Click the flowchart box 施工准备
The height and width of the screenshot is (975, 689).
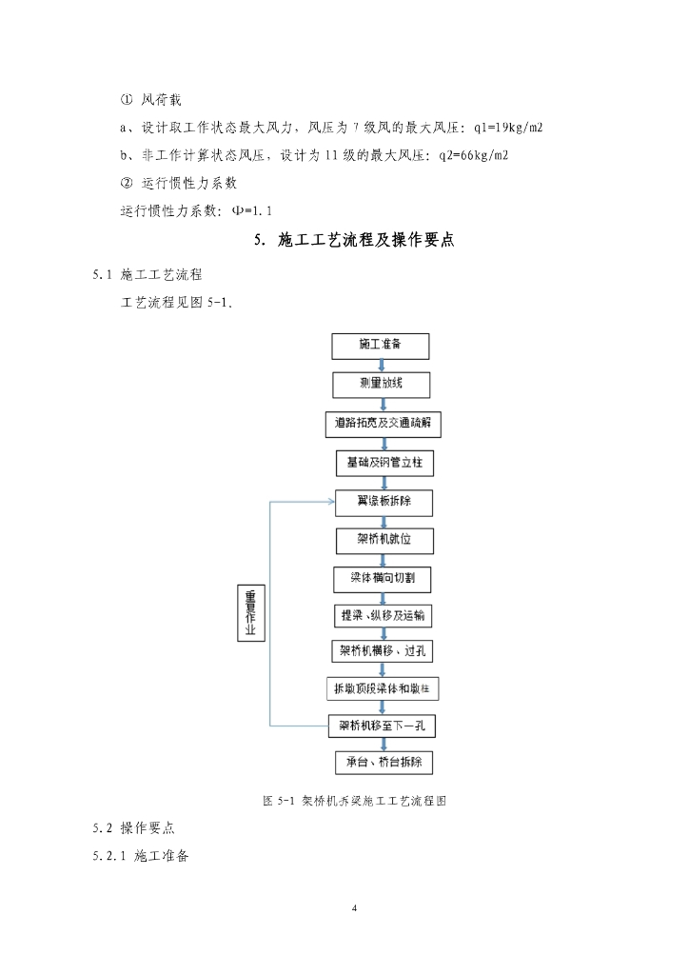coord(381,346)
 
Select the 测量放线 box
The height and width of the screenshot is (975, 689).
coord(382,385)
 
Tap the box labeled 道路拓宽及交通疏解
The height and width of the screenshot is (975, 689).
coord(382,424)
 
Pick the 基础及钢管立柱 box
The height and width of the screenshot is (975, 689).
coord(384,464)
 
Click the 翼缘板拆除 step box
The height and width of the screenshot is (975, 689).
coord(384,502)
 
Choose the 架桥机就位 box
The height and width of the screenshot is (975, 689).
coord(384,541)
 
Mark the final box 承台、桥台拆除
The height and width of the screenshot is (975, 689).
coord(384,763)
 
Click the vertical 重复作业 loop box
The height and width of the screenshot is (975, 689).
coord(251,612)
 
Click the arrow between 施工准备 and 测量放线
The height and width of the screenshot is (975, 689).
coord(381,366)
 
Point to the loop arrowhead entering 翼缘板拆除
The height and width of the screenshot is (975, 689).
coord(329,502)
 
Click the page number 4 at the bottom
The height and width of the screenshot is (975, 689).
coord(354,908)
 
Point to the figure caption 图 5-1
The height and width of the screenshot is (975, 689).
coord(355,801)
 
